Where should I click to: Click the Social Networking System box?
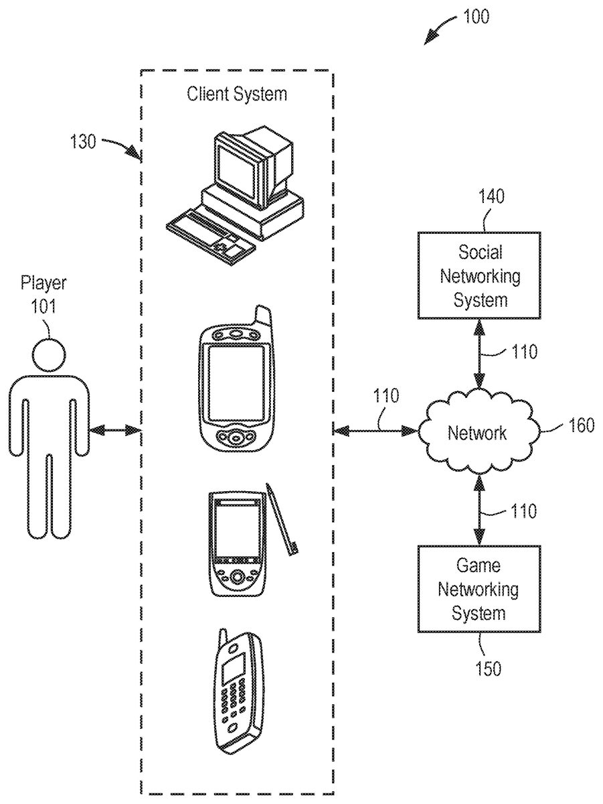tap(479, 275)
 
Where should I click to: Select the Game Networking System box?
tap(479, 589)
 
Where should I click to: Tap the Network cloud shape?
tap(478, 432)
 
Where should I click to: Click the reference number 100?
tap(476, 17)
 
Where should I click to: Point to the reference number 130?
tap(83, 141)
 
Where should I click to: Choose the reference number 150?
tap(487, 668)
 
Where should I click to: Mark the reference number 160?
tap(581, 425)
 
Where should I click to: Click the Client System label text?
tap(237, 93)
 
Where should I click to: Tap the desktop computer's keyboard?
tap(211, 234)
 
